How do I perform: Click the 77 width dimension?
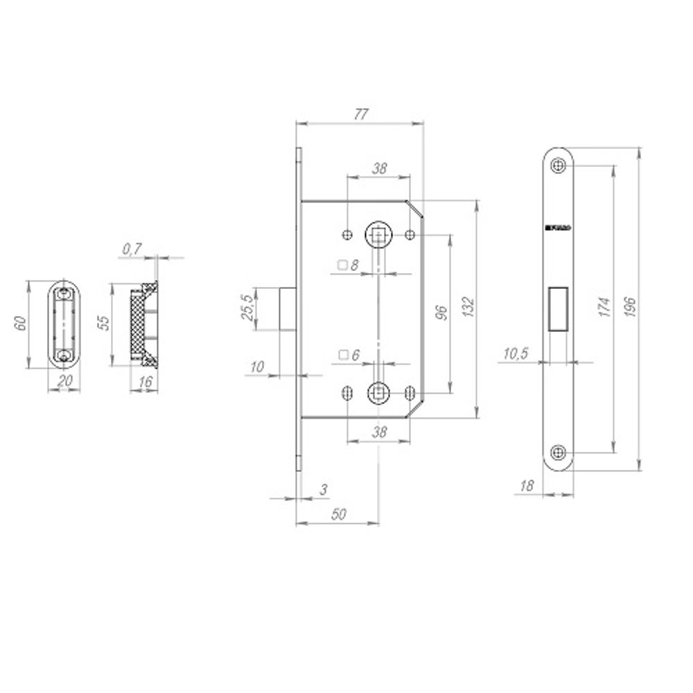[x=360, y=115]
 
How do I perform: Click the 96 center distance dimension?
[x=439, y=312]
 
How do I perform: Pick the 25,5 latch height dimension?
[x=246, y=307]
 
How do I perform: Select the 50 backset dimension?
[x=339, y=514]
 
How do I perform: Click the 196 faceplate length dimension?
[x=629, y=307]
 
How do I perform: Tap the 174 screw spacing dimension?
[x=603, y=307]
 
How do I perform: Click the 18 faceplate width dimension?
[x=527, y=486]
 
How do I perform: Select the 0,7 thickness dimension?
[x=132, y=249]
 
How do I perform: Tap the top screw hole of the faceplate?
[x=558, y=166]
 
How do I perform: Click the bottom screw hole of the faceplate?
[x=558, y=453]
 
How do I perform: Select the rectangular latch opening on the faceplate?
[x=558, y=308]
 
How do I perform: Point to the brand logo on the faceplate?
[x=558, y=226]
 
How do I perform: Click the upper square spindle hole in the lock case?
[x=378, y=236]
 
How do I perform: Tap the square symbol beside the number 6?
[x=342, y=356]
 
